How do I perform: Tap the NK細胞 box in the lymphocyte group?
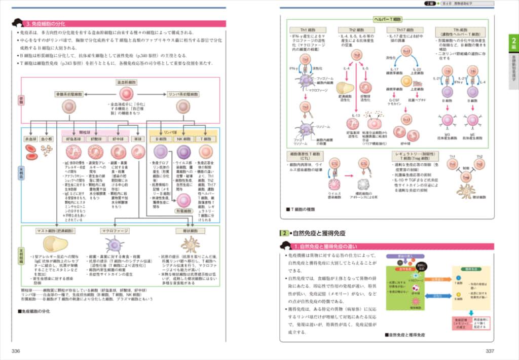click(x=183, y=138)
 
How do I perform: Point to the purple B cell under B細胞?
click(x=160, y=152)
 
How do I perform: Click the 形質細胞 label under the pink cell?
click(x=183, y=210)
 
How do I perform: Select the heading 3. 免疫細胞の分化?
click(x=51, y=23)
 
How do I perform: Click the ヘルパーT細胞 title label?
click(x=387, y=19)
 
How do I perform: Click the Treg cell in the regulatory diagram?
click(x=465, y=176)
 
